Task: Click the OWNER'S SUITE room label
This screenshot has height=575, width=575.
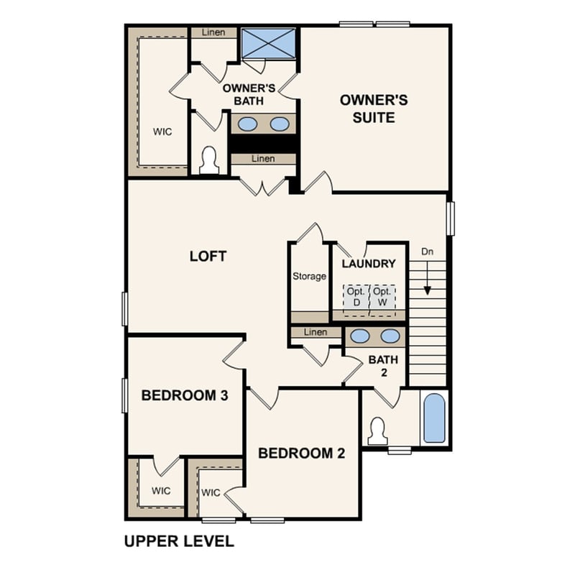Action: click(374, 108)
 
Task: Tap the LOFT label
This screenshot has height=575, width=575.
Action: click(208, 256)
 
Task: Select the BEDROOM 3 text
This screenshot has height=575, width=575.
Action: click(180, 395)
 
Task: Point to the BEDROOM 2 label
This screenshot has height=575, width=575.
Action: click(301, 454)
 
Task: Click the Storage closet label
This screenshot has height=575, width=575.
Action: click(309, 276)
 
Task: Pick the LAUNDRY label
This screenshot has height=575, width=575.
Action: click(369, 264)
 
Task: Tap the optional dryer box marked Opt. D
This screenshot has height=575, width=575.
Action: click(356, 297)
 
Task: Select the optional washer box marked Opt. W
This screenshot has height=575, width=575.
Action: click(382, 297)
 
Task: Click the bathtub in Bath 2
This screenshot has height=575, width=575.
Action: click(434, 418)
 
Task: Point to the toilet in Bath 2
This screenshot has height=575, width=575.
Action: click(377, 431)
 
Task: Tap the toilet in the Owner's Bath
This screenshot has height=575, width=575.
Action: click(209, 161)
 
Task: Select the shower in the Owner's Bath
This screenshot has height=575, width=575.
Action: click(268, 43)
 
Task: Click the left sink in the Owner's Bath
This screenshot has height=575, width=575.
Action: click(248, 124)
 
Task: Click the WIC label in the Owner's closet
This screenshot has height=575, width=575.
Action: click(162, 132)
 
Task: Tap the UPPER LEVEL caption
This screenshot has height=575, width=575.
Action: click(179, 541)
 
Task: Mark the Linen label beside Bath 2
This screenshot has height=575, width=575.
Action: click(316, 332)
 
